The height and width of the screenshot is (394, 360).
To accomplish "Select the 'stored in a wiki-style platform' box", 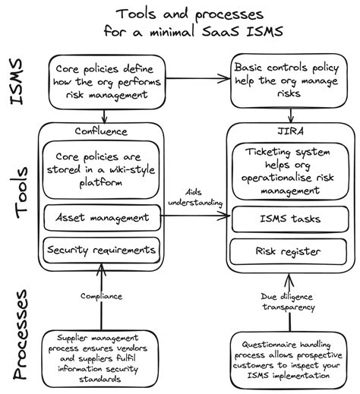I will [100, 169].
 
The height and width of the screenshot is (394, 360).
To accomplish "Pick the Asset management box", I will [100, 219].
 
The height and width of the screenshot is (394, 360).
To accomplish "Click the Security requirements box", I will [100, 249].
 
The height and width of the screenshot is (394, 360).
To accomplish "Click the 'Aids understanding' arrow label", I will [194, 199].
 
